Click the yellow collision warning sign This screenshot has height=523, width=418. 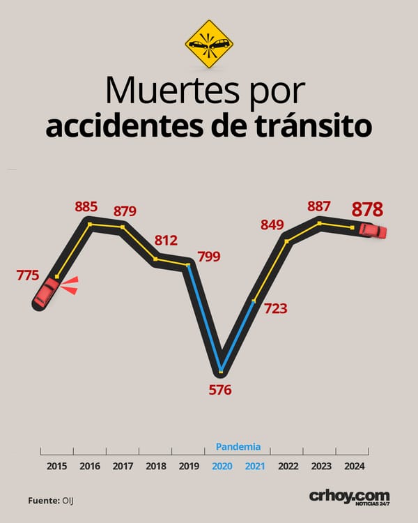pyautogui.click(x=209, y=44)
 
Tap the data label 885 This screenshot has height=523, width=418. pyautogui.click(x=86, y=207)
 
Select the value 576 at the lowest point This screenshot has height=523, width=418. pyautogui.click(x=220, y=390)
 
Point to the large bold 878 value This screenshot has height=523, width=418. pyautogui.click(x=367, y=209)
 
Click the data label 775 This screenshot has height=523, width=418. pyautogui.click(x=28, y=275)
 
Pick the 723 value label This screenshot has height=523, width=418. pyautogui.click(x=276, y=308)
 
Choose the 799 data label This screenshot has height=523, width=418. pyautogui.click(x=209, y=257)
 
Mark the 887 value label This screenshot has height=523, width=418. pyautogui.click(x=319, y=206)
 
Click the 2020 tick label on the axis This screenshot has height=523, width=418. pyautogui.click(x=222, y=466)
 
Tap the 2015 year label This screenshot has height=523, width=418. pyautogui.click(x=56, y=466)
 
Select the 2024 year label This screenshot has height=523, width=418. pyautogui.click(x=355, y=466)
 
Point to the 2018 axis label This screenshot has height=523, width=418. pyautogui.click(x=155, y=466)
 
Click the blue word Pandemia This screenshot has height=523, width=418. pyautogui.click(x=238, y=446)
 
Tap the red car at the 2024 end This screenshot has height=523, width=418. pyautogui.click(x=373, y=231)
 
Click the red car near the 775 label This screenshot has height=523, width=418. pyautogui.click(x=47, y=292)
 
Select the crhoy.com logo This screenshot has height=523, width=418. pyautogui.click(x=349, y=498)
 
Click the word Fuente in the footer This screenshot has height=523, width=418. pyautogui.click(x=44, y=501)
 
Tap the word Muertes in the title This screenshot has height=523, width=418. pyautogui.click(x=172, y=90)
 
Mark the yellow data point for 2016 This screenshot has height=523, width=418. pyautogui.click(x=90, y=225)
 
